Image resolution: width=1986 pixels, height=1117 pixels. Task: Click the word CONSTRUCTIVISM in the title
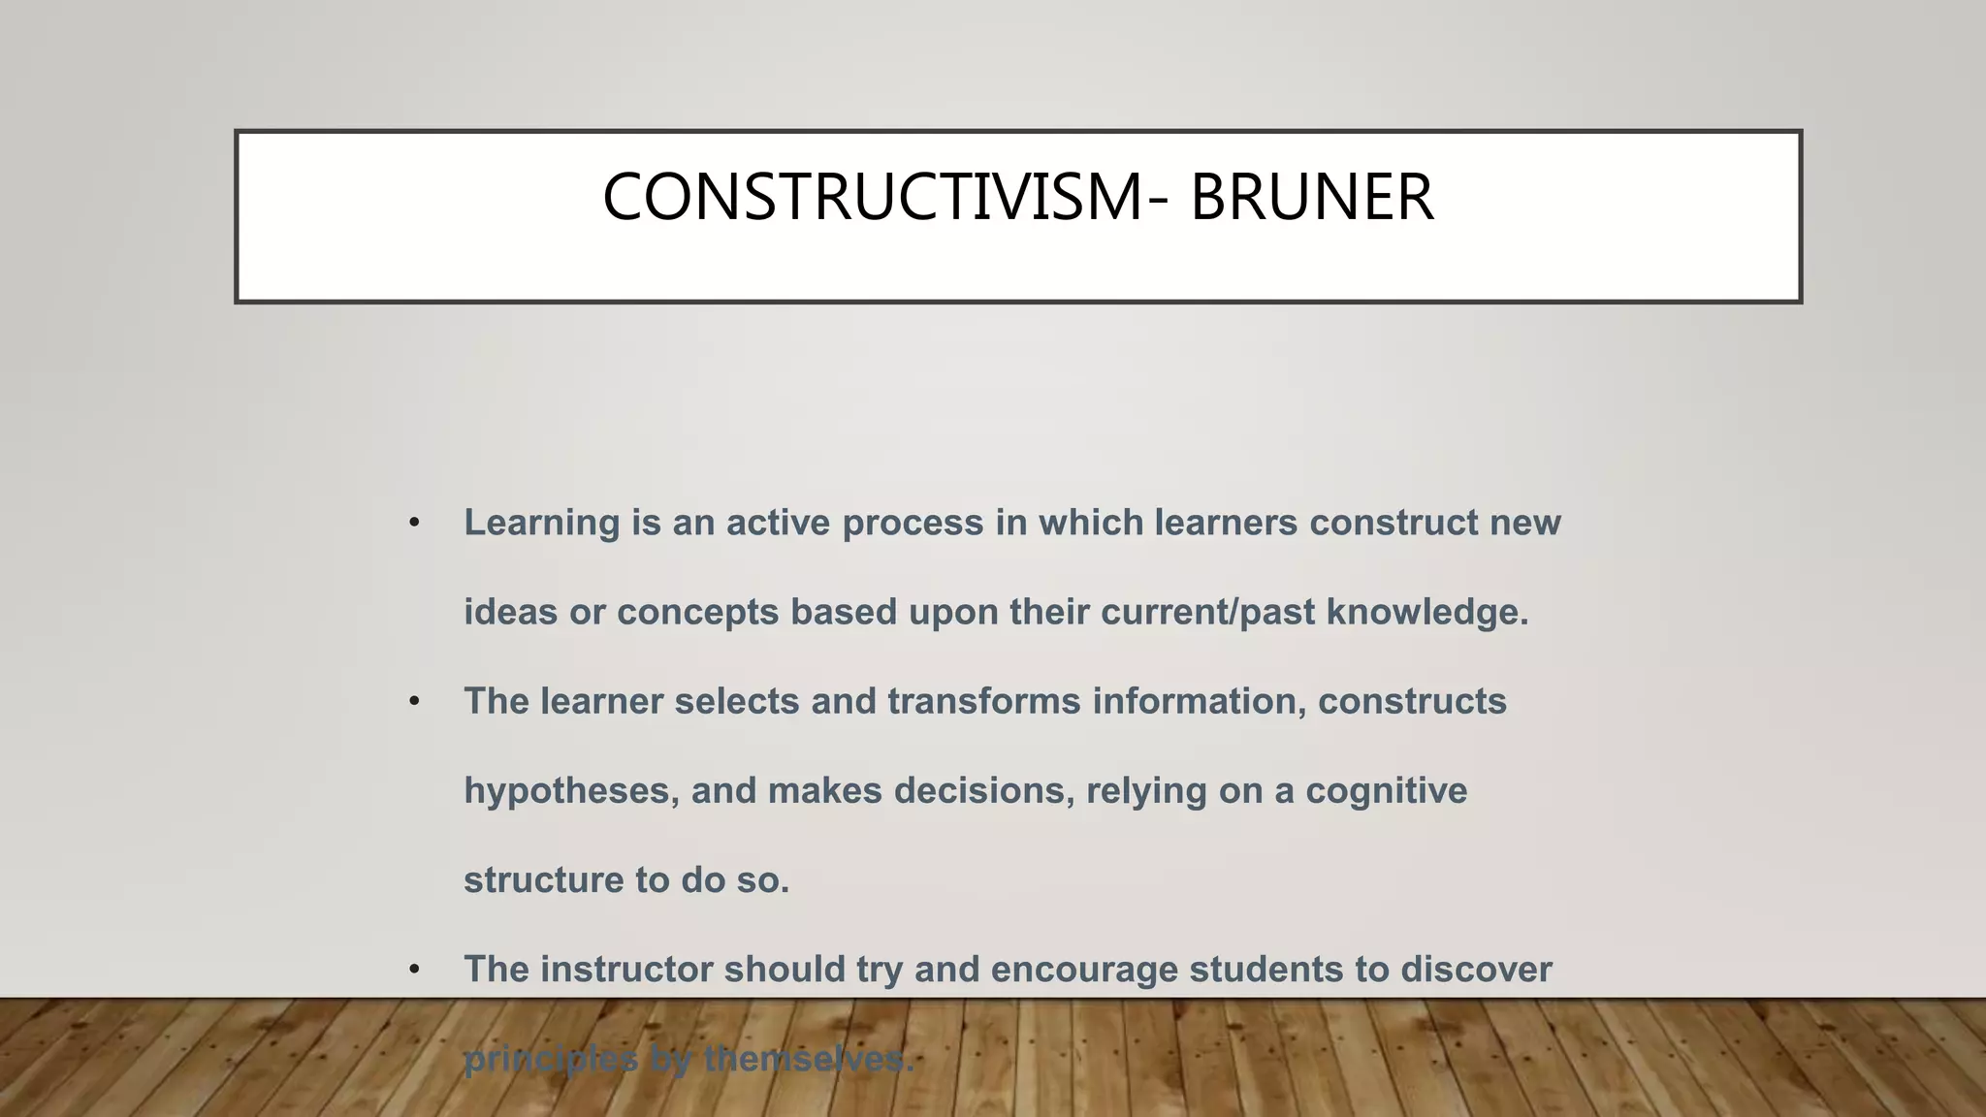(872, 198)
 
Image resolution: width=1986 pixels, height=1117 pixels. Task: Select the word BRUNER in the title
(1311, 198)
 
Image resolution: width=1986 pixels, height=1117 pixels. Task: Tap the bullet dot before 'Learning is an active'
(414, 524)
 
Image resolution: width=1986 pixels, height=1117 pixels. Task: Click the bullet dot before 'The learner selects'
(414, 702)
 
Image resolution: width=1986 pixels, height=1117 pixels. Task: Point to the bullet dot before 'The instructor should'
(414, 970)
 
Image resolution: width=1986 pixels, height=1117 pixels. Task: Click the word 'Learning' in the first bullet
(541, 524)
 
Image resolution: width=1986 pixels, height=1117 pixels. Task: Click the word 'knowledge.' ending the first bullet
(1426, 613)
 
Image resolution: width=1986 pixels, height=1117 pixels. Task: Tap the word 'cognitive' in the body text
(1386, 791)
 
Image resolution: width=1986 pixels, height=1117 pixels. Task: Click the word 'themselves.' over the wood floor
(809, 1059)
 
